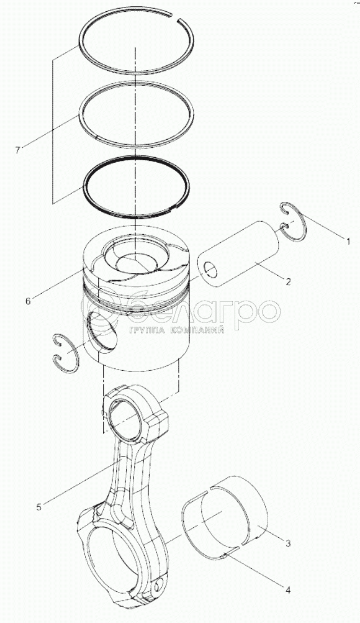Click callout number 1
click(x=348, y=241)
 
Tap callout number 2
click(x=288, y=282)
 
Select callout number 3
click(x=288, y=543)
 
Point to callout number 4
click(x=288, y=591)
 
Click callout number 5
click(x=38, y=507)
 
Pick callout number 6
click(x=28, y=301)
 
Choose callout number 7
click(x=17, y=150)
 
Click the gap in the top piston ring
click(x=175, y=17)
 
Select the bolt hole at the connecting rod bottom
click(x=160, y=586)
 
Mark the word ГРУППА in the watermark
click(x=146, y=329)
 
